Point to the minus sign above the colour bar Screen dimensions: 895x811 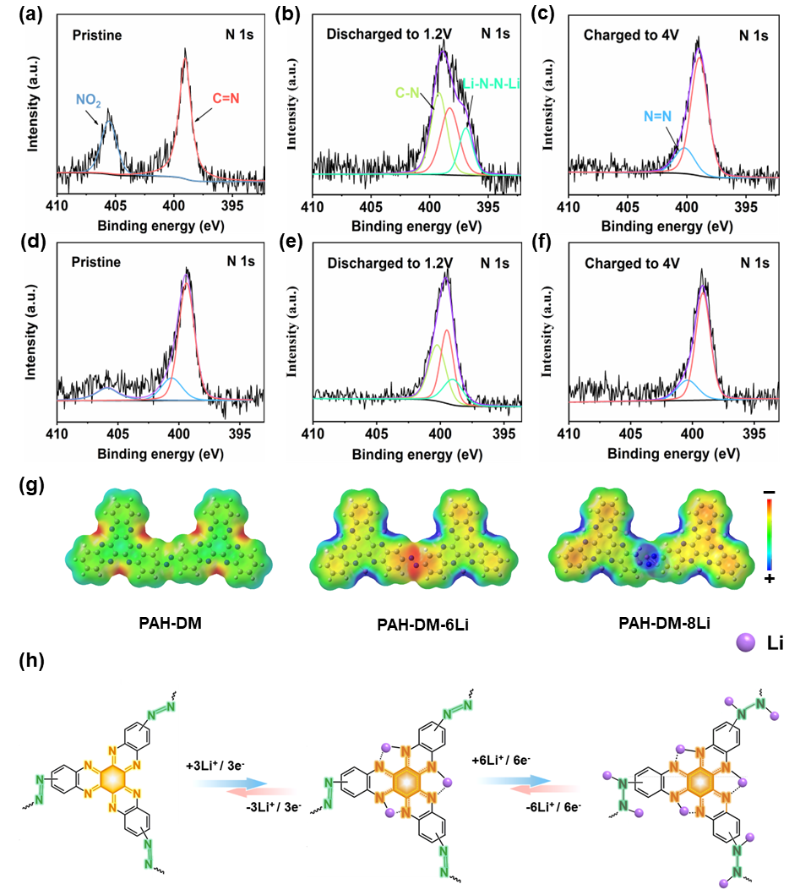click(x=769, y=491)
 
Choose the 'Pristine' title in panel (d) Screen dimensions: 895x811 click(x=95, y=262)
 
